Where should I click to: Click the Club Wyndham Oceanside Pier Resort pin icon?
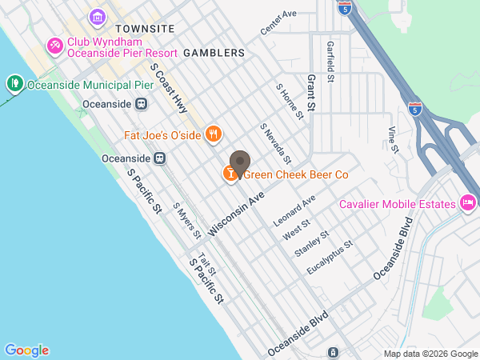[x=55, y=46]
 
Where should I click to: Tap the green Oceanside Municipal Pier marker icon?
[x=14, y=82]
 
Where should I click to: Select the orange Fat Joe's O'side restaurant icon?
[x=213, y=134]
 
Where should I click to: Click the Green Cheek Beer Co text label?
[x=296, y=174]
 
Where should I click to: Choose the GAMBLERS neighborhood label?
[x=214, y=52]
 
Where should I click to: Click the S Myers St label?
[x=186, y=220]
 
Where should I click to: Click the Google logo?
[x=26, y=350]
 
